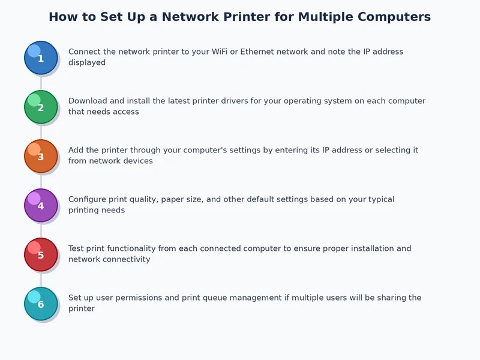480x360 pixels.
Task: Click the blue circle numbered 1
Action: tap(41, 58)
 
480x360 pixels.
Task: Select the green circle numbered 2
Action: tap(41, 107)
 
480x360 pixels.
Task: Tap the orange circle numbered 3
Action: tap(41, 156)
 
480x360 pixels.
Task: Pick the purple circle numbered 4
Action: tap(41, 205)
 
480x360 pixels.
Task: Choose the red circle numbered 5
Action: tap(41, 254)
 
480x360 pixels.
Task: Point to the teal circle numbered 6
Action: tap(41, 304)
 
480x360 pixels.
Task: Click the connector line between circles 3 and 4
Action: tap(41, 181)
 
